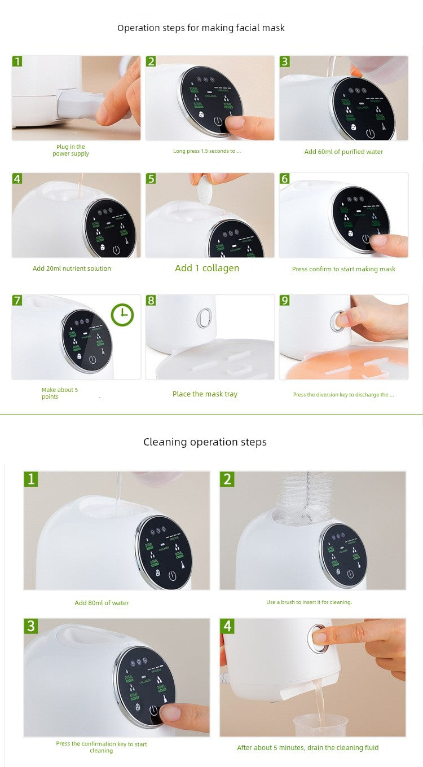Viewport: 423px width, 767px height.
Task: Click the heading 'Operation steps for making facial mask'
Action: [201, 28]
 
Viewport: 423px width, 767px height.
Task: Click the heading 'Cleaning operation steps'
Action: [205, 442]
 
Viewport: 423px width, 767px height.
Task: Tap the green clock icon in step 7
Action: [122, 315]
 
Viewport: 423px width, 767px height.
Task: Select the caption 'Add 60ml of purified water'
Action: [343, 152]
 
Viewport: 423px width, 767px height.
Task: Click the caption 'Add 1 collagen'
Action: [207, 268]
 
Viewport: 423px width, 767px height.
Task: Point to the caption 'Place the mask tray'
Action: [205, 394]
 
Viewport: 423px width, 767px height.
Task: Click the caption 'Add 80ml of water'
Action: [102, 603]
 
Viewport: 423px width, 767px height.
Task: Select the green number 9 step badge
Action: [284, 300]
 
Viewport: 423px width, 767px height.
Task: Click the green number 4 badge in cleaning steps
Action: [227, 626]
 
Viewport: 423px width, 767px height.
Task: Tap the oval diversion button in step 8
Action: [204, 318]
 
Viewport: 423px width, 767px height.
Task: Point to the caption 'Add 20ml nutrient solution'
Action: [72, 268]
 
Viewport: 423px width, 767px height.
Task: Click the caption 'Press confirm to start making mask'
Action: [343, 269]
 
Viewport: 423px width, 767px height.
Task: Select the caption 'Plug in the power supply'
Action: [70, 150]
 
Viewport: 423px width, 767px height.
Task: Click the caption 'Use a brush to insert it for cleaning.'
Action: [309, 602]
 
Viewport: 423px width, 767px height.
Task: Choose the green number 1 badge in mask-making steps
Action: [17, 61]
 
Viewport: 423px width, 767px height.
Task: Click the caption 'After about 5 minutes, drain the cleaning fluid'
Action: [307, 748]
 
